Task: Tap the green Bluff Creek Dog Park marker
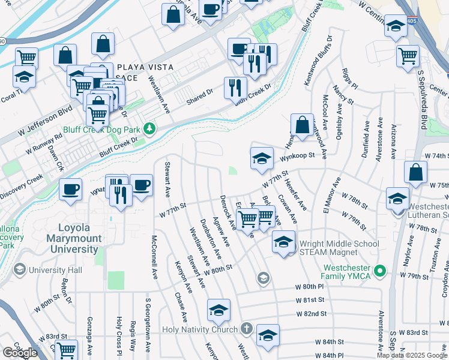click(x=154, y=128)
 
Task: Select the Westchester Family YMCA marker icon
click(x=379, y=272)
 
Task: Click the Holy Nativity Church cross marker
click(x=246, y=329)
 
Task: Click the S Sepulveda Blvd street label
click(x=422, y=98)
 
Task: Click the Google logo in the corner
click(x=20, y=352)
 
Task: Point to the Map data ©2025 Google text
click(x=412, y=355)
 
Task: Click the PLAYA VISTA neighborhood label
click(x=145, y=67)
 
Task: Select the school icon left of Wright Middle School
click(x=283, y=243)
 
